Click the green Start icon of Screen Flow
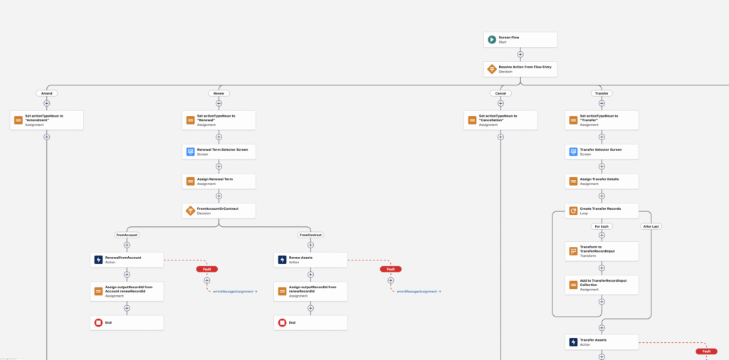point(491,39)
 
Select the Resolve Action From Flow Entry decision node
point(520,69)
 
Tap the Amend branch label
point(47,93)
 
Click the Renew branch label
point(219,93)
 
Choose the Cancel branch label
point(500,93)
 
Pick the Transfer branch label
point(602,93)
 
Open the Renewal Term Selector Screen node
point(219,152)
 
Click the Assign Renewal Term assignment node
point(219,181)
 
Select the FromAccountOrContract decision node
point(219,211)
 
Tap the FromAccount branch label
point(127,234)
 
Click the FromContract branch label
point(310,234)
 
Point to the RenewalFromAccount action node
point(127,260)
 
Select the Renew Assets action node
point(310,260)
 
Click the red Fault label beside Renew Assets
point(390,269)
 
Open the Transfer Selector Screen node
point(602,152)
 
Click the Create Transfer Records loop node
point(602,211)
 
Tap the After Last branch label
point(651,226)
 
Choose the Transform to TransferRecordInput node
point(602,251)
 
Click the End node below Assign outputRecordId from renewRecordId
point(310,322)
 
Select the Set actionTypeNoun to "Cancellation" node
point(500,120)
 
